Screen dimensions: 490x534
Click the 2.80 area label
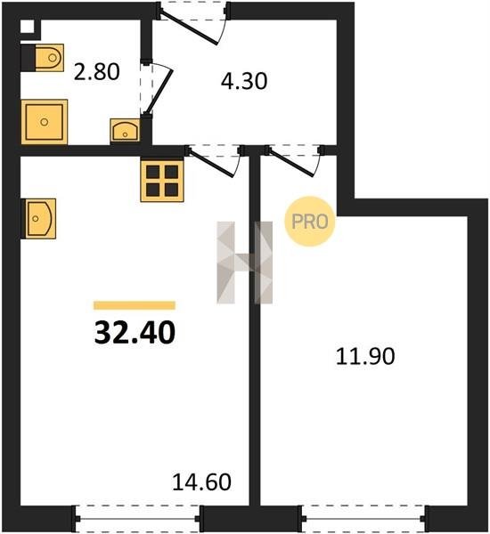[x=97, y=72]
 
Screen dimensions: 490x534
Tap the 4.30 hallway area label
[x=244, y=81]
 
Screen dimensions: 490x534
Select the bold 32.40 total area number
[x=135, y=332]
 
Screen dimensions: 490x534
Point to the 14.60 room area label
[x=202, y=481]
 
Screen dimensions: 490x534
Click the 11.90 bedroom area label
[x=365, y=356]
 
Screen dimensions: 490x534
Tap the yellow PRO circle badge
[x=310, y=222]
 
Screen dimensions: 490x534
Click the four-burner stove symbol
[x=162, y=181]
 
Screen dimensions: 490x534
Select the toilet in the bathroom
[x=43, y=58]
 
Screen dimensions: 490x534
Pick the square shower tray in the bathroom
[x=45, y=122]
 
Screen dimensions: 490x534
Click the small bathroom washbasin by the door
[x=125, y=130]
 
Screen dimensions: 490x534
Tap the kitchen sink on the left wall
[x=38, y=219]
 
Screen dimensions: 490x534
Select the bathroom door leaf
[x=159, y=92]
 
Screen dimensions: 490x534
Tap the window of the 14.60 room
[x=137, y=519]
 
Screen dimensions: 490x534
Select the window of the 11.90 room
[x=363, y=519]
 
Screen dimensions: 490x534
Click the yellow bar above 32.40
[x=135, y=305]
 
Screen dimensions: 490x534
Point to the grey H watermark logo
[x=245, y=263]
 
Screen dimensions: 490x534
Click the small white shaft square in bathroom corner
[x=28, y=27]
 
